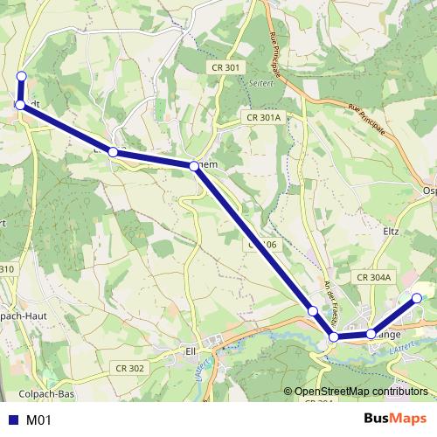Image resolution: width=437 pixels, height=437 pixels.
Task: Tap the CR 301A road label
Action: click(263, 117)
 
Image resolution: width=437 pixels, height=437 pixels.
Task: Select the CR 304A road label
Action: click(376, 277)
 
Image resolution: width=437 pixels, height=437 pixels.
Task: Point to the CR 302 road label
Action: click(129, 369)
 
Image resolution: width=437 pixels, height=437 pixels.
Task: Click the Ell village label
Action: click(190, 351)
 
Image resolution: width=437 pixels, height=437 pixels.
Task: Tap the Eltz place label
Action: click(391, 232)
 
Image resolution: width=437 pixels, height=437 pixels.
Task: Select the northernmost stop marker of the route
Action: click(21, 76)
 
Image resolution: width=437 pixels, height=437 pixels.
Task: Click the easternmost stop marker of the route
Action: click(417, 299)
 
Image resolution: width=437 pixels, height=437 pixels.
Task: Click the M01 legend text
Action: click(39, 420)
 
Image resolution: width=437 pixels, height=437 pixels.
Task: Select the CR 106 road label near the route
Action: click(262, 246)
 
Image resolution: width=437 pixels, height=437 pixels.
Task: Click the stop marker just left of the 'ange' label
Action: click(371, 333)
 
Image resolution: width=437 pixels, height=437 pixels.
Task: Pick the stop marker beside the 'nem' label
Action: click(193, 164)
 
